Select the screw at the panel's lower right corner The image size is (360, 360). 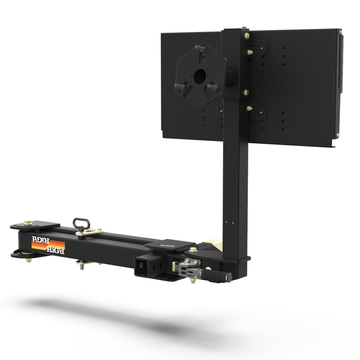[337, 136]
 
